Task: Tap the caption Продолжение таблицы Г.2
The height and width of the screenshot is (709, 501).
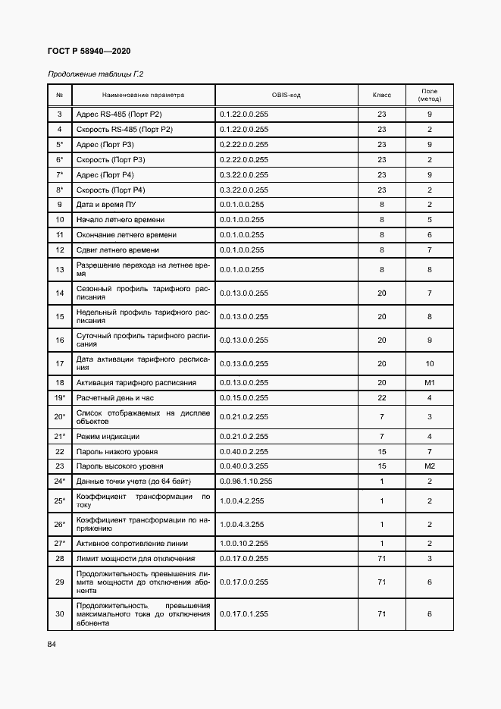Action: [96, 74]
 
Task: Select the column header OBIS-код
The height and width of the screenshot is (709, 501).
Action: [286, 96]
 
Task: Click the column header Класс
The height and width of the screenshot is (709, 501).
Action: [381, 96]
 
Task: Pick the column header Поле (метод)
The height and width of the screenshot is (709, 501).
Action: [429, 96]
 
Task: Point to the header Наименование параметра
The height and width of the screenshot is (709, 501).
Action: [143, 96]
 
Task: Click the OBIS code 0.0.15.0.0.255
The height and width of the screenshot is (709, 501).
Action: [243, 397]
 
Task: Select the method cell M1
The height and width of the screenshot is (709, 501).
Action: [429, 382]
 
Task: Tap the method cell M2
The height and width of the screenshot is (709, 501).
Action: [429, 466]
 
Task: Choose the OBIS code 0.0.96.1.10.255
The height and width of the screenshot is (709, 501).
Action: [246, 481]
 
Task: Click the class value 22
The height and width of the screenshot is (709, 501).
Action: [381, 397]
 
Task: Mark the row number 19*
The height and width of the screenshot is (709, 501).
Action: [59, 397]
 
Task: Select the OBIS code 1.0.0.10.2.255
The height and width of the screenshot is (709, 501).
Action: [243, 544]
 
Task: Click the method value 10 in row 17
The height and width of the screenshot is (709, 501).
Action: [429, 363]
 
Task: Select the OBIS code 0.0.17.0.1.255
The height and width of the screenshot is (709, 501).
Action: [243, 613]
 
